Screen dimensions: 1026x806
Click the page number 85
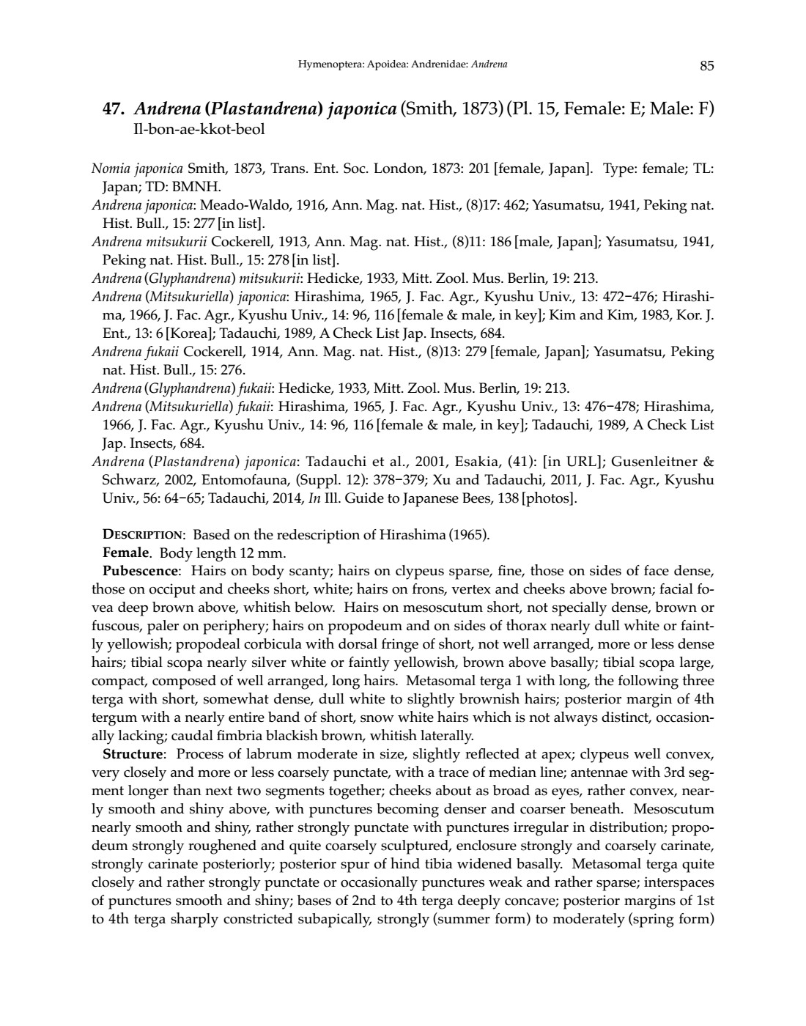point(706,66)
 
